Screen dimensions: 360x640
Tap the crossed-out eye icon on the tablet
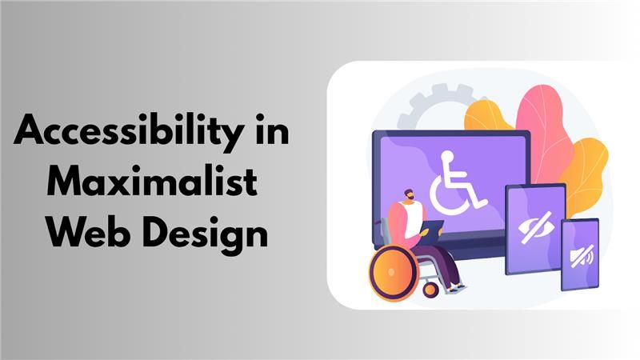(535, 228)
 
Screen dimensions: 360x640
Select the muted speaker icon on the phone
(579, 256)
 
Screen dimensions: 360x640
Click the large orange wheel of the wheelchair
(394, 272)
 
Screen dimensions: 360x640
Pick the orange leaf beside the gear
(485, 116)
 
